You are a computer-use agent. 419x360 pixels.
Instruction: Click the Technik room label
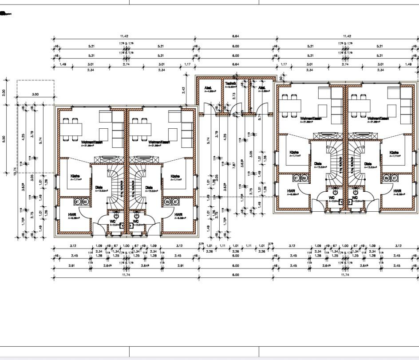point(230,83)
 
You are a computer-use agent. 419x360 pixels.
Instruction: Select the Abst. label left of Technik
point(208,88)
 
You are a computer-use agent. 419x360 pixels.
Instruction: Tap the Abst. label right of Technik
point(262,88)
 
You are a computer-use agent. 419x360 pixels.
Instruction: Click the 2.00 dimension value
point(4,92)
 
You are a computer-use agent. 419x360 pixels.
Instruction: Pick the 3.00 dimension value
point(35,95)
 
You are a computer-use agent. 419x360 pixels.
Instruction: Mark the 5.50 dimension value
point(4,138)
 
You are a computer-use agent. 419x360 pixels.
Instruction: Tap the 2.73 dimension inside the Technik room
point(234,96)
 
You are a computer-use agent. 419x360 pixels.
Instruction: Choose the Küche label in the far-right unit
point(394,152)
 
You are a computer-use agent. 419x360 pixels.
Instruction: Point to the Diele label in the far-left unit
point(99,187)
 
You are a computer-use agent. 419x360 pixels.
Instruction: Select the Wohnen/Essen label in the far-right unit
point(378,119)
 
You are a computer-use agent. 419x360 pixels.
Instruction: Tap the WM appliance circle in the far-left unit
point(85,202)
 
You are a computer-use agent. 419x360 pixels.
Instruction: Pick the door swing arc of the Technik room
point(238,109)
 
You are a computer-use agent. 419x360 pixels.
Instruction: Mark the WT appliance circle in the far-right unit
point(393,178)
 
